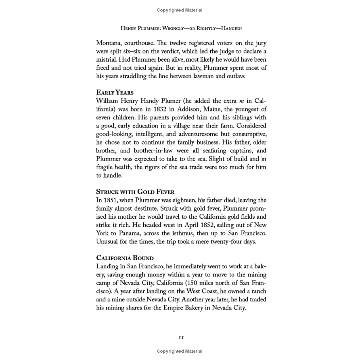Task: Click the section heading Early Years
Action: coord(115,92)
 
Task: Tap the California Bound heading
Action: coord(125,257)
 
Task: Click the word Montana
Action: coord(109,43)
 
